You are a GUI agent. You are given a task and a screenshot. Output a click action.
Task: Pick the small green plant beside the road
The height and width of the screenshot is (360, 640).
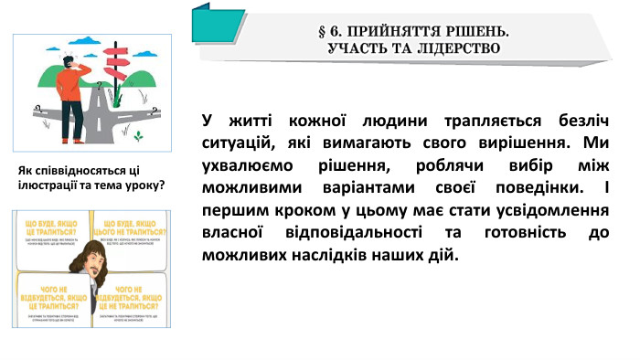tap(138, 136)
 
